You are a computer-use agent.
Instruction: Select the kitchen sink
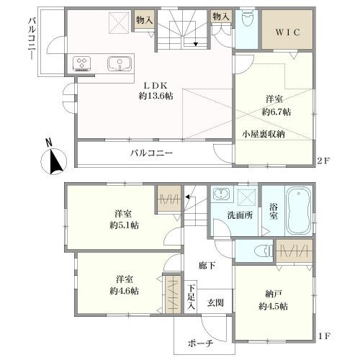(x=117, y=64)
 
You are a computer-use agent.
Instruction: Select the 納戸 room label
(x=273, y=293)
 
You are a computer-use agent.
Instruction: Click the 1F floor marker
(x=325, y=336)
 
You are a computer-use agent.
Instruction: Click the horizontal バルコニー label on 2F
(x=151, y=153)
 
